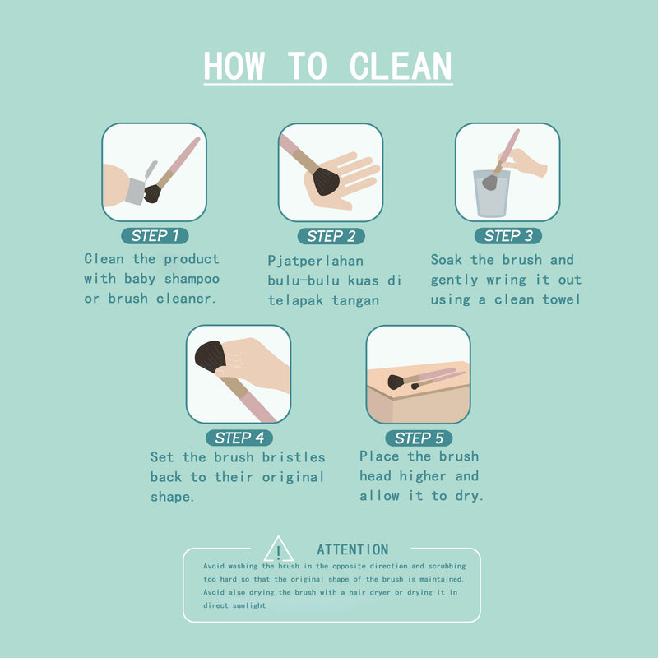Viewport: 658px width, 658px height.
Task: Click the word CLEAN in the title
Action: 401,66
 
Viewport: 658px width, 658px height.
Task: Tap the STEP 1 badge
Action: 155,236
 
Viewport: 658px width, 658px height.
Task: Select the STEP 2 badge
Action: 331,236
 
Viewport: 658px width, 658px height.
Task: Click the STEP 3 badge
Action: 508,236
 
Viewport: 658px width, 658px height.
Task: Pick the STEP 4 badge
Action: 239,438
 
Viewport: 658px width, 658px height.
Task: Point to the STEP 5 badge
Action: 419,438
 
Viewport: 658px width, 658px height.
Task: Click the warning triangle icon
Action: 278,549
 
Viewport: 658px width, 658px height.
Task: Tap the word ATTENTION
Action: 353,549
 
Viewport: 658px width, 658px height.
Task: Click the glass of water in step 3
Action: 491,193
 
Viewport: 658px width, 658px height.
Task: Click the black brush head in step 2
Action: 325,180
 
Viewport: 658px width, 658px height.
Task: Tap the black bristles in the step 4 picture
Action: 211,357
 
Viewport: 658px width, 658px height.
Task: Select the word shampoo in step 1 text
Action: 192,279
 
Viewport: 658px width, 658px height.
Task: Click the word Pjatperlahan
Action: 316,261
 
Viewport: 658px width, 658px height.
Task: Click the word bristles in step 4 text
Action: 294,457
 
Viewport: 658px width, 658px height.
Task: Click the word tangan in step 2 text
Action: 355,301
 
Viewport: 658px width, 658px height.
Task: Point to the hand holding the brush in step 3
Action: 523,162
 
